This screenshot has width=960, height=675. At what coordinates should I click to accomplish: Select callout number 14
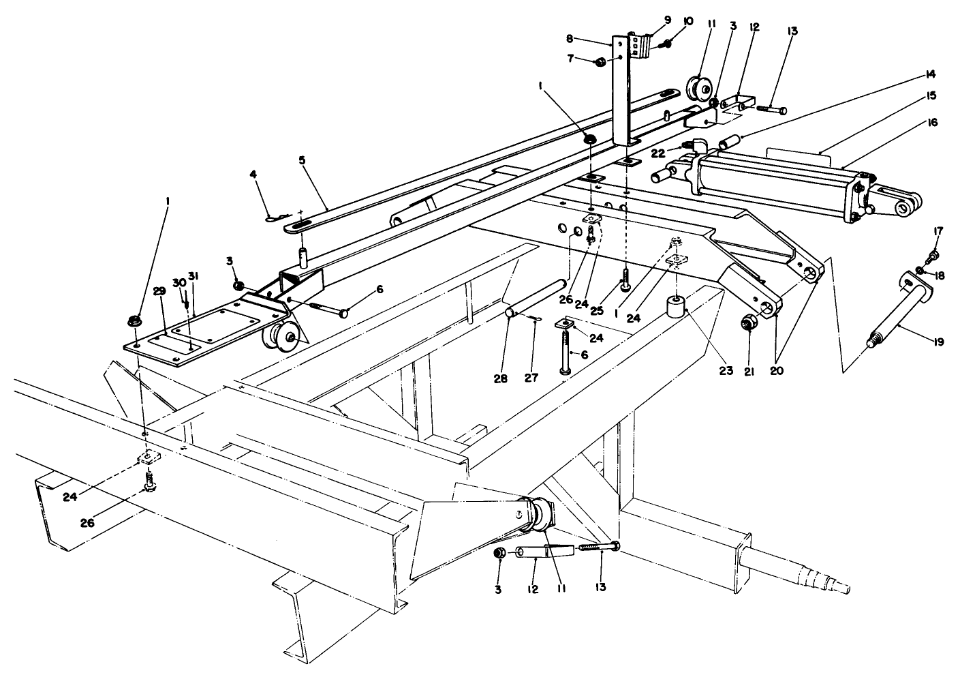pyautogui.click(x=931, y=74)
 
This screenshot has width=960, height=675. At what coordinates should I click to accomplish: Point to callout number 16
pyautogui.click(x=933, y=123)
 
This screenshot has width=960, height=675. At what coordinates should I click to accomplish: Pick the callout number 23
pyautogui.click(x=726, y=371)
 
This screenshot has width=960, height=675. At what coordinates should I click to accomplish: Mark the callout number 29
pyautogui.click(x=159, y=291)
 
